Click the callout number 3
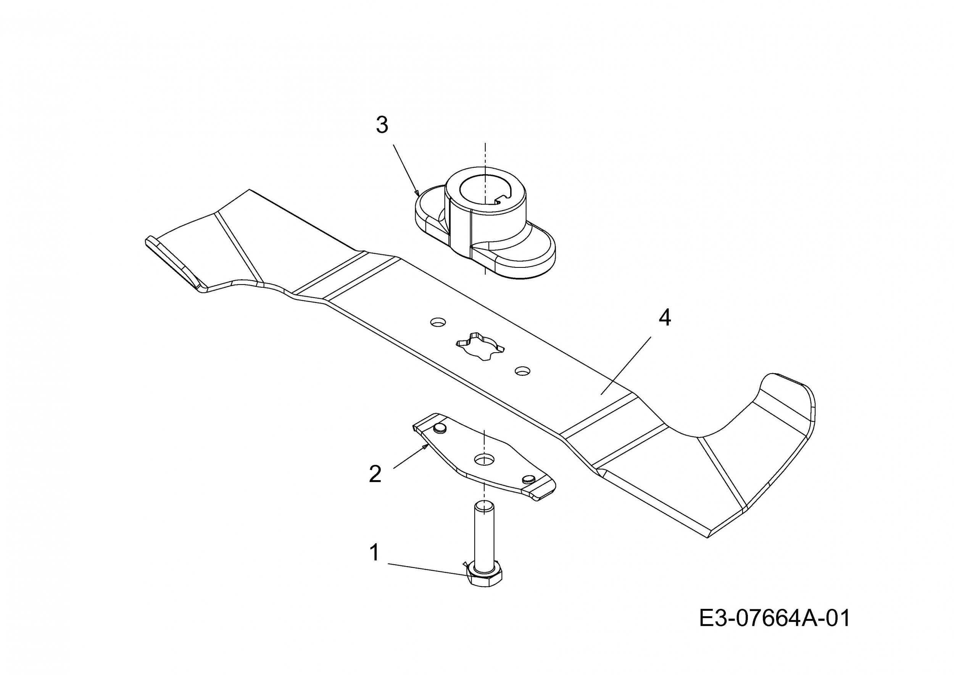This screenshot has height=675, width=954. point(382,125)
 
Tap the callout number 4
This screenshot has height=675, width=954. point(665,318)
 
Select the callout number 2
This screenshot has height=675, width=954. point(375,474)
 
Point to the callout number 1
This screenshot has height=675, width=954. point(374,553)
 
